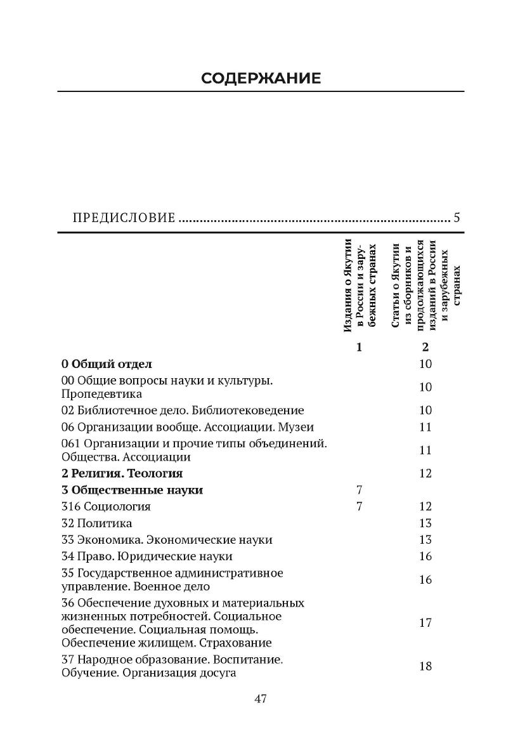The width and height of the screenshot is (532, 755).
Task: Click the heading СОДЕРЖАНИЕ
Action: pos(261,78)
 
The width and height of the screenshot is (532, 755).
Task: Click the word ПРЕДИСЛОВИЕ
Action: pos(124,219)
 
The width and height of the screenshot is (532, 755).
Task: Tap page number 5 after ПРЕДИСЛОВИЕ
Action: pos(457,218)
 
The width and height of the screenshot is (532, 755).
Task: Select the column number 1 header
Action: pos(360,347)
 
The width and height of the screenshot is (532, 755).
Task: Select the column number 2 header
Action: pos(425,347)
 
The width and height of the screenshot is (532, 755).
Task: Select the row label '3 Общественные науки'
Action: pos(133,490)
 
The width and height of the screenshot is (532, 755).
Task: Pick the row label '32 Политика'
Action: pos(97,523)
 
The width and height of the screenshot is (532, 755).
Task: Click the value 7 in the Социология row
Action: pos(360,506)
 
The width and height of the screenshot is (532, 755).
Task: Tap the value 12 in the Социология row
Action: pos(425,506)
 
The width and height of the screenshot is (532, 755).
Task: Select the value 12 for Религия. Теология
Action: pos(425,473)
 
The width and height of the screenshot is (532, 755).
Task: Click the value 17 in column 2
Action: pos(425,622)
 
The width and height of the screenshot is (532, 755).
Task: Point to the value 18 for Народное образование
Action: pos(425,666)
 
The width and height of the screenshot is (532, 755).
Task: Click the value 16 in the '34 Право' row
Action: pos(425,556)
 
